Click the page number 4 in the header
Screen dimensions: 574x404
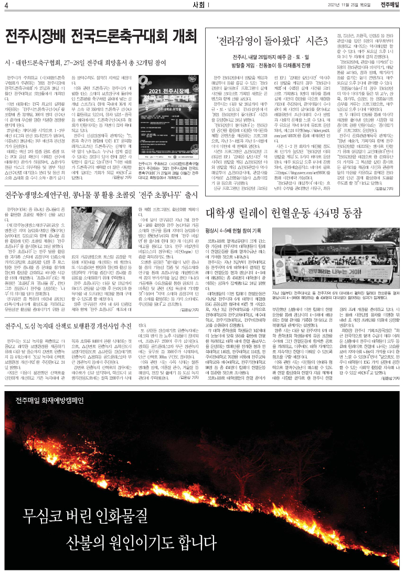click(x=6, y=5)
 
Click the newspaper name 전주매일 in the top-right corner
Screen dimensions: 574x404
click(x=390, y=5)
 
